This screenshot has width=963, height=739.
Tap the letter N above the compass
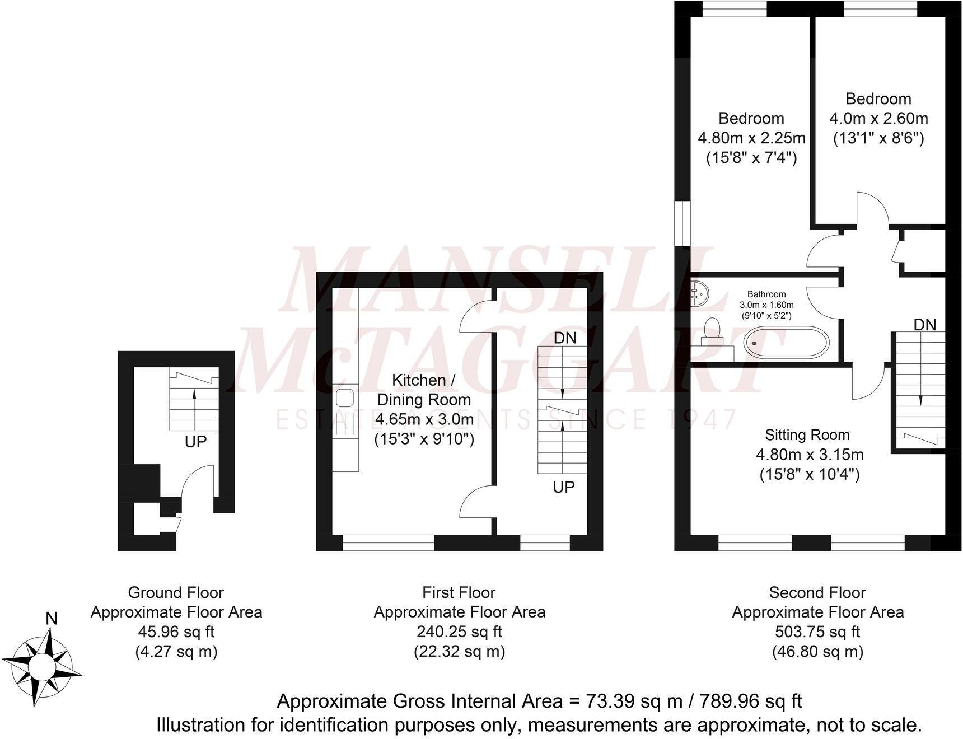(52, 618)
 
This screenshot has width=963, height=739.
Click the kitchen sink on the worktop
(344, 398)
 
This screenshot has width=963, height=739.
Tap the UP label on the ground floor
(195, 442)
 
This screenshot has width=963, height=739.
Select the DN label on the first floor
(564, 338)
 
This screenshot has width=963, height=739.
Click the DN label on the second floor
(924, 325)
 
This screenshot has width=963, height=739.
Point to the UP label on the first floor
(563, 487)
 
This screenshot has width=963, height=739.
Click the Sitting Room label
(807, 435)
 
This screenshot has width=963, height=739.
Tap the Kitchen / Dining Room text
(424, 390)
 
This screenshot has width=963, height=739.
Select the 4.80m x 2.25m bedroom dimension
(751, 138)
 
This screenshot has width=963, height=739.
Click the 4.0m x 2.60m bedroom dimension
(878, 119)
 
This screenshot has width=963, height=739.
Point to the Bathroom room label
(766, 294)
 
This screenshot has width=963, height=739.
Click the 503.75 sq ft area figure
(817, 632)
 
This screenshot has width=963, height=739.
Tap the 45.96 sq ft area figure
(176, 632)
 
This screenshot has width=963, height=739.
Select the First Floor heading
(459, 592)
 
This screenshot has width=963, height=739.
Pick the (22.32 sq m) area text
(459, 651)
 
